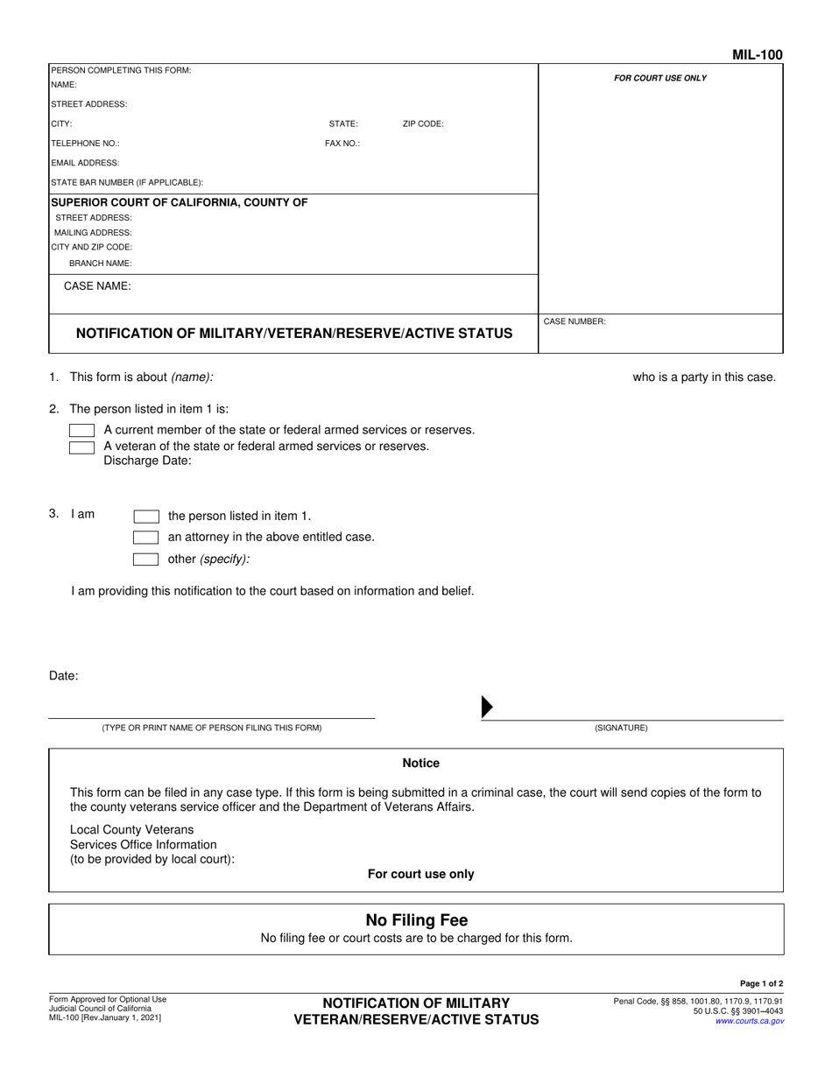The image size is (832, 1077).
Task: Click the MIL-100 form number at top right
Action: click(758, 55)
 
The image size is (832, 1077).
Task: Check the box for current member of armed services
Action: click(81, 430)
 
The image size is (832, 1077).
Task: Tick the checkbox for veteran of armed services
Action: click(81, 447)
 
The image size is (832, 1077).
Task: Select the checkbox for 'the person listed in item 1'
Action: click(145, 516)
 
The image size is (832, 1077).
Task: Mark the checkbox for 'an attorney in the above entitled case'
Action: click(145, 537)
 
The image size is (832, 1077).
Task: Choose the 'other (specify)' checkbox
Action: click(145, 559)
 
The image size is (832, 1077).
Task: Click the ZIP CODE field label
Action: click(423, 124)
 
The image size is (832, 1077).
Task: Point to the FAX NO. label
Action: click(342, 144)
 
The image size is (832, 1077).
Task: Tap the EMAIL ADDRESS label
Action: click(85, 163)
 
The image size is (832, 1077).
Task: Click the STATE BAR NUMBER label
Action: click(127, 182)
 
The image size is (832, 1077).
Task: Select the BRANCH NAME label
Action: click(101, 263)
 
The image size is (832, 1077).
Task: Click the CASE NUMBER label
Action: click(575, 321)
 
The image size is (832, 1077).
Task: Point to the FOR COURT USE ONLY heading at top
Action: click(659, 78)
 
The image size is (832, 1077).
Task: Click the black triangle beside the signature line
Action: click(488, 707)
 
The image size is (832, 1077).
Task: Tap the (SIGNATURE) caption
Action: click(621, 728)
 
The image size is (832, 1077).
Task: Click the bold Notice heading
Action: click(420, 764)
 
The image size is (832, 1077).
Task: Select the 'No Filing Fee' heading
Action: click(416, 920)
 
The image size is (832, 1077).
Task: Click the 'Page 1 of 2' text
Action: click(761, 983)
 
